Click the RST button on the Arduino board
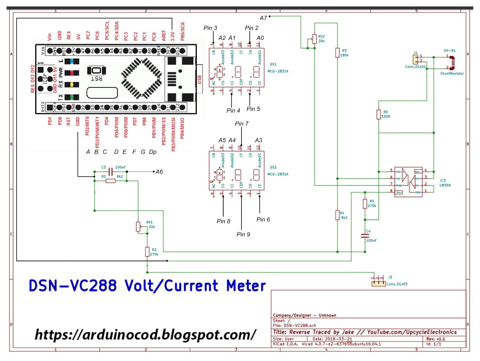coord(96,70)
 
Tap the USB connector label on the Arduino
coord(199,80)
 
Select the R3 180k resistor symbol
coord(337,53)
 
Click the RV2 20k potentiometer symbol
coord(314,39)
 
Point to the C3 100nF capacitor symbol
coord(110,172)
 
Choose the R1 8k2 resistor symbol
coord(110,181)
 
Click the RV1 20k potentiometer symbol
coord(138,226)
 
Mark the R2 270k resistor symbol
coord(147,252)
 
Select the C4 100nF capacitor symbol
coord(365,235)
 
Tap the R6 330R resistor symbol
coord(379,114)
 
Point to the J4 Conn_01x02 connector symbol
coord(415,59)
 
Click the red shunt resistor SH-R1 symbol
coord(452,62)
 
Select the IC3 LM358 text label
coord(445,183)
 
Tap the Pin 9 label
coord(243,234)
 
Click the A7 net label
coord(263,18)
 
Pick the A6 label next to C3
coord(159,172)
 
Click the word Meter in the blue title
coord(246,286)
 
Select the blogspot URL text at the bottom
coord(145,334)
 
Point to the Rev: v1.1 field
coord(436,339)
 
